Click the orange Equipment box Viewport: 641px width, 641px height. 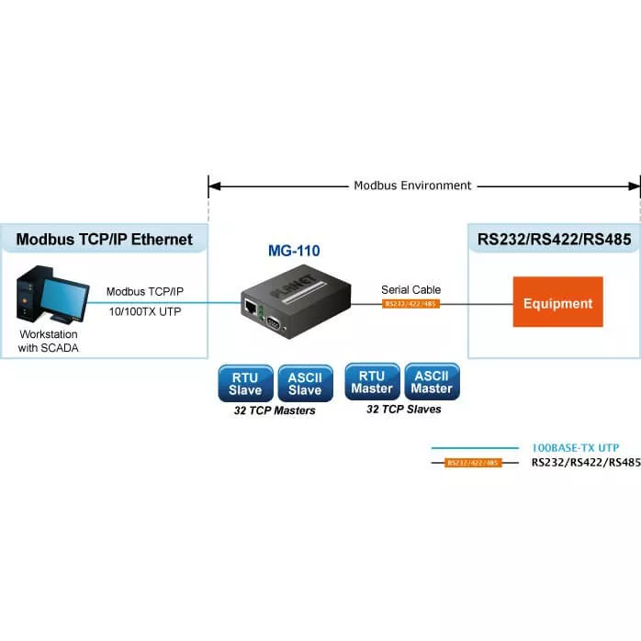(557, 302)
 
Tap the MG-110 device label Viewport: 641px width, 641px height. (296, 250)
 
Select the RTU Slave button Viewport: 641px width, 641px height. (245, 383)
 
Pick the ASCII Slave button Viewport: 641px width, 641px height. (305, 383)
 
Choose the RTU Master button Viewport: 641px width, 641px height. (371, 381)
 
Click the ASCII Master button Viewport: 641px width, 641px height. (432, 381)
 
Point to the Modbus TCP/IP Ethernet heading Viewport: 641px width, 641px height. (105, 240)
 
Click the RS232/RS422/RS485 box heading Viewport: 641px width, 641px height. (554, 240)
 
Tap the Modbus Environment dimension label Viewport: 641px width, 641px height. (412, 186)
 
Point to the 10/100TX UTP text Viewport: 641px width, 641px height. (145, 310)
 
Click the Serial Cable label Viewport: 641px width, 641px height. (410, 290)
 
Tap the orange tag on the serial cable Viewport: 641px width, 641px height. (410, 303)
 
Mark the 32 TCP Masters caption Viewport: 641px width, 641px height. (276, 410)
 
